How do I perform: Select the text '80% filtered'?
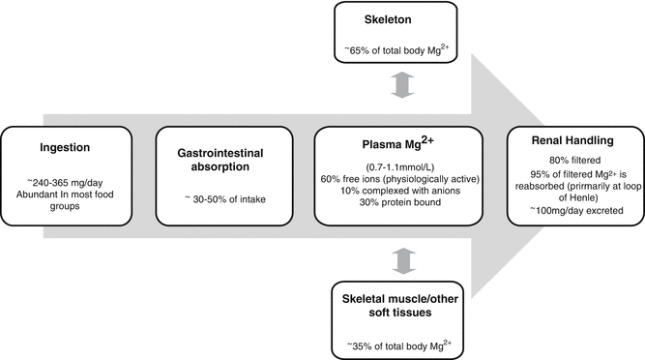567,156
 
